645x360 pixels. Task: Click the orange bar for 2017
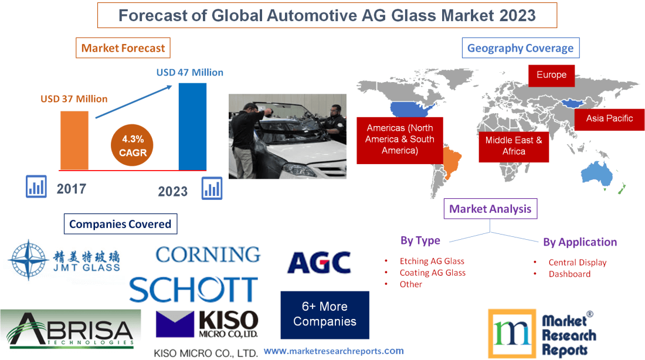pos(74,140)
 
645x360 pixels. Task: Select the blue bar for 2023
pos(192,125)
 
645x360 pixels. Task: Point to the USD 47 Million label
pos(189,73)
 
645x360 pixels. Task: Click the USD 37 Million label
pos(74,99)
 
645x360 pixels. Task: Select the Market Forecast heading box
pos(123,48)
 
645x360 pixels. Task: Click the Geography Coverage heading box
pos(520,48)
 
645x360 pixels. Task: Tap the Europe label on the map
pos(551,75)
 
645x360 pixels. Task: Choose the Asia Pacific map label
pos(609,118)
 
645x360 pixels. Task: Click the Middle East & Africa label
pos(514,146)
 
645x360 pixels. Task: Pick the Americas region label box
pos(399,140)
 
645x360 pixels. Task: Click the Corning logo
pos(208,254)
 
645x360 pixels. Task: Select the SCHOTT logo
pos(193,290)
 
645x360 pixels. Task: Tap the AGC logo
pos(319,263)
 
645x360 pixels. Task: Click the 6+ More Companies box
pos(325,314)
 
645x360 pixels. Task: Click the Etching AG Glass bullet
pos(432,261)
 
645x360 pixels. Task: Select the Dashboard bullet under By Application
pos(569,274)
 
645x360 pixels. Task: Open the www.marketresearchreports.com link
pos(334,351)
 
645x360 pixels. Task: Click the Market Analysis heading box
pos(490,209)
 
